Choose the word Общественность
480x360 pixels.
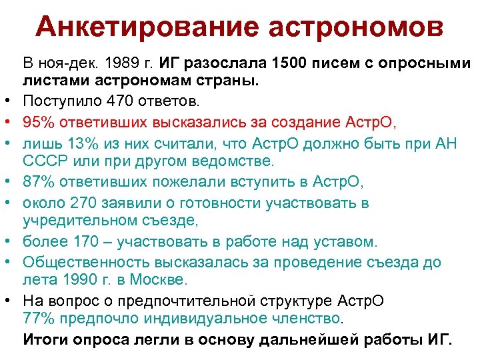point(82,261)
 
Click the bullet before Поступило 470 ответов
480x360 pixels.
point(13,103)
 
